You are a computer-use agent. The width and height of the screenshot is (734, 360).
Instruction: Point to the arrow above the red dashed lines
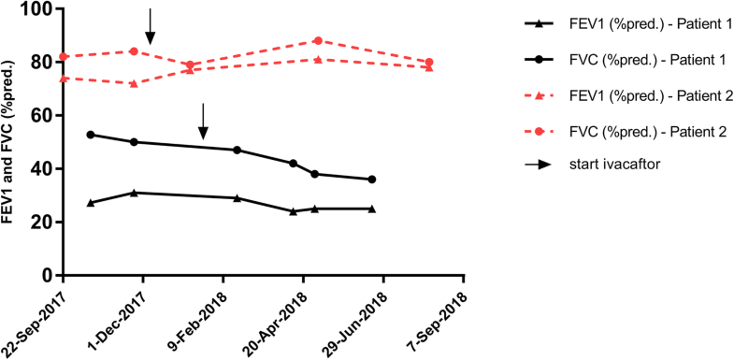(x=150, y=26)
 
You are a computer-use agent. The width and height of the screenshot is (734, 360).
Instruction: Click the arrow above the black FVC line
(x=203, y=122)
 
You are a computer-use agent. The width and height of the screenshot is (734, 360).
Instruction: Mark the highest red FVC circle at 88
(x=318, y=41)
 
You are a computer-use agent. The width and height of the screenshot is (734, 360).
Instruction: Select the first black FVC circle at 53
(x=91, y=135)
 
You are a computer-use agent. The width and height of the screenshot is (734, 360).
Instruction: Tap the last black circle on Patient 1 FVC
(x=372, y=180)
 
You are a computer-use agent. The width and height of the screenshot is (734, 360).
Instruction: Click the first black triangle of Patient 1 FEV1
(x=91, y=203)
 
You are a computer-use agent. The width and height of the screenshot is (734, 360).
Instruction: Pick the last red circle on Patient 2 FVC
(x=429, y=63)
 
